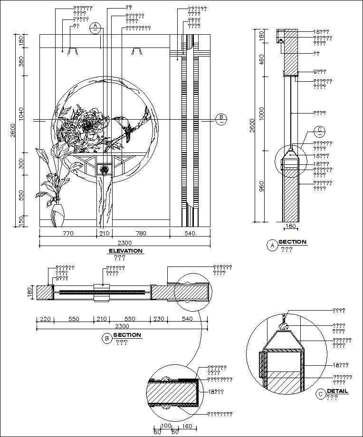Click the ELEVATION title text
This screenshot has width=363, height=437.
click(x=125, y=251)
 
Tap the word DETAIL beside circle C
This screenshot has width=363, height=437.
click(x=337, y=391)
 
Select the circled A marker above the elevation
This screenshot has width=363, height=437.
click(x=96, y=27)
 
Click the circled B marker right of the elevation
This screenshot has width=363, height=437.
click(x=221, y=119)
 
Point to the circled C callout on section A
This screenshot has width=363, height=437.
click(x=320, y=130)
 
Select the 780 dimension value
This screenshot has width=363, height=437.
click(x=141, y=233)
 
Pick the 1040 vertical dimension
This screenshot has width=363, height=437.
click(x=21, y=114)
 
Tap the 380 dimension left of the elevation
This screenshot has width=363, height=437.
click(x=21, y=62)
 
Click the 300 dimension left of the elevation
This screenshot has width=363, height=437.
click(x=21, y=164)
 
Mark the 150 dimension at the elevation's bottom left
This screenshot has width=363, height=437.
click(x=21, y=221)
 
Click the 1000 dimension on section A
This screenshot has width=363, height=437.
click(x=261, y=113)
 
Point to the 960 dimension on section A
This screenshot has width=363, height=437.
click(x=261, y=186)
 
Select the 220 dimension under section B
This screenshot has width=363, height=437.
click(x=45, y=319)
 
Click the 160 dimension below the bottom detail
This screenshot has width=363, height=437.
click(x=187, y=427)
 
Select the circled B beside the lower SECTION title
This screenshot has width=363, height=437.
click(x=107, y=338)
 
